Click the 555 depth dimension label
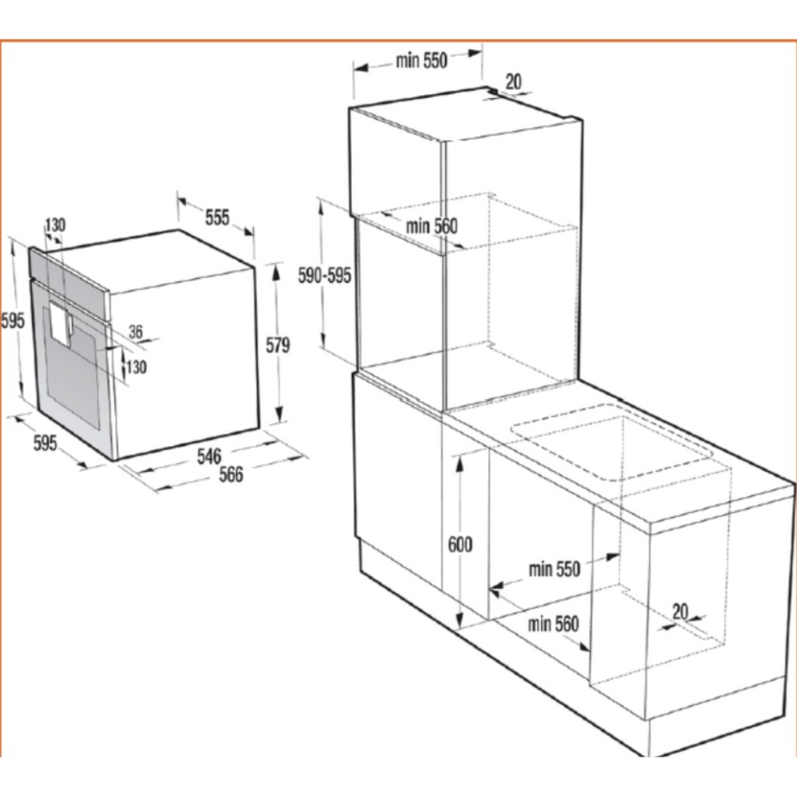click(x=217, y=218)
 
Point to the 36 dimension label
click(x=135, y=332)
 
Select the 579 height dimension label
click(x=278, y=345)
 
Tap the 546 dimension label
click(x=209, y=456)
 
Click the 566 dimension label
click(x=231, y=475)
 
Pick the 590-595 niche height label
click(x=325, y=276)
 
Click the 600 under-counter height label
click(x=461, y=544)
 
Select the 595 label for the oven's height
click(x=12, y=321)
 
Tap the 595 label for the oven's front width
click(x=45, y=443)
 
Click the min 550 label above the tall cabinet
click(x=421, y=61)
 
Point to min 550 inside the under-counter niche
click(x=554, y=569)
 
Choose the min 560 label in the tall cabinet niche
click(x=431, y=226)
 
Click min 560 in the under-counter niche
click(x=553, y=623)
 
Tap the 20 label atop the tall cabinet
click(x=514, y=81)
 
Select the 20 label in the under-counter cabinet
click(x=680, y=611)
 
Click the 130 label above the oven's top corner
click(x=55, y=225)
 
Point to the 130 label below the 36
click(x=136, y=367)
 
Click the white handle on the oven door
click(x=61, y=323)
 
